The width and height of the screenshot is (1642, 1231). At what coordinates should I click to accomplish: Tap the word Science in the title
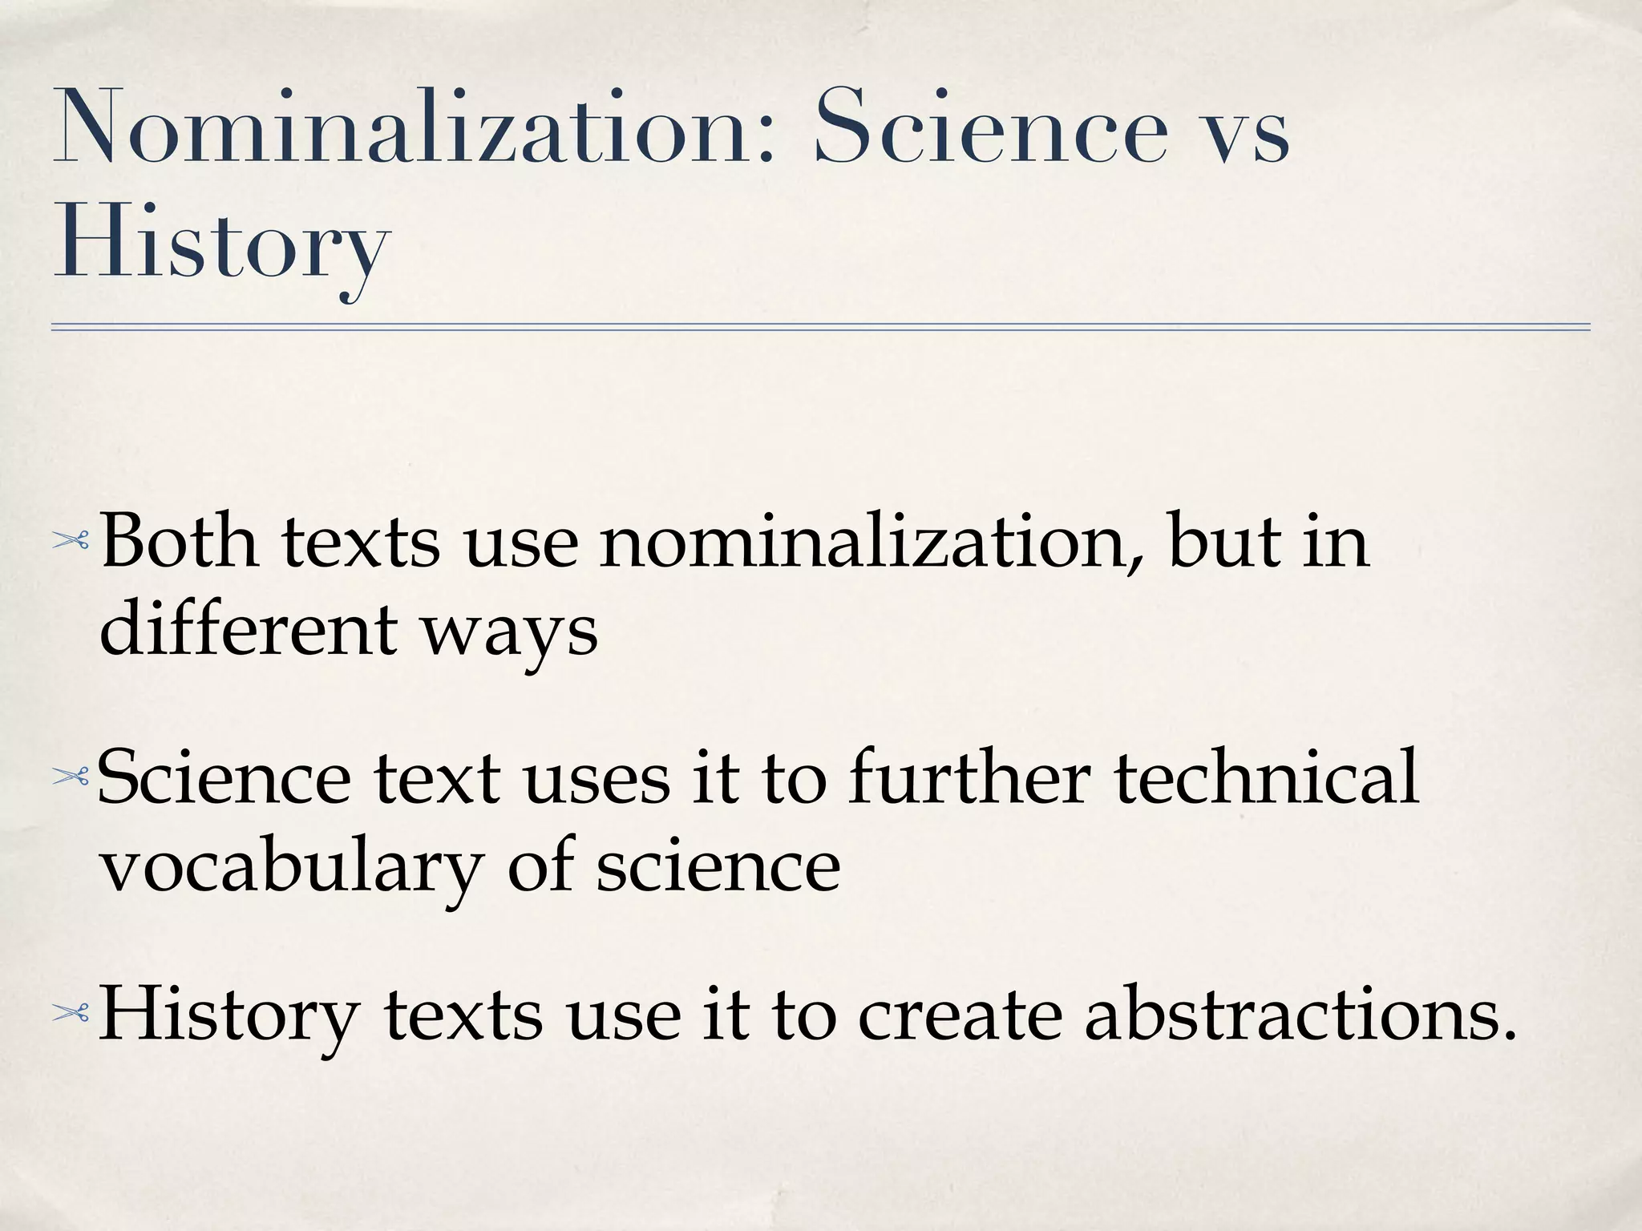pyautogui.click(x=990, y=128)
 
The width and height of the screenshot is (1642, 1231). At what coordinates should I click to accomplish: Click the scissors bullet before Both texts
pyautogui.click(x=71, y=543)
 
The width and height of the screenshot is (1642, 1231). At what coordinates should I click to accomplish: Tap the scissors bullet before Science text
pyautogui.click(x=71, y=776)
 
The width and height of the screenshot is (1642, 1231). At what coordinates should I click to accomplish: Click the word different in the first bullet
pyautogui.click(x=249, y=629)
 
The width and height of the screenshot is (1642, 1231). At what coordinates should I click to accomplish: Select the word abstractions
pyautogui.click(x=1300, y=1015)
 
